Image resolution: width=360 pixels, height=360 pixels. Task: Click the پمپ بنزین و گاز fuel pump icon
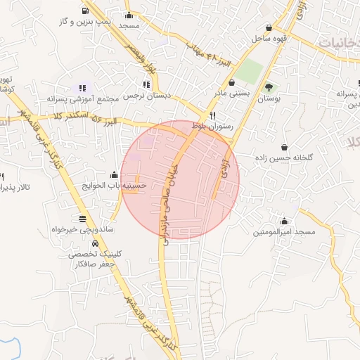(85, 11)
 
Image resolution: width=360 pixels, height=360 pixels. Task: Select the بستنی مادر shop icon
(231, 82)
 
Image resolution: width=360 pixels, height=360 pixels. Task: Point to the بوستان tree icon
(269, 87)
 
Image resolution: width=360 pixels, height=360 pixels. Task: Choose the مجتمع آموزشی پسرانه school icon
(83, 89)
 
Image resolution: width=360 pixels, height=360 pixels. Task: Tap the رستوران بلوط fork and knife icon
(212, 116)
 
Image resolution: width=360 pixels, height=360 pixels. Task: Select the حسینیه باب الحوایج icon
(114, 175)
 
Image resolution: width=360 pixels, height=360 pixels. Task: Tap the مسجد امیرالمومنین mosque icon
(284, 221)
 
